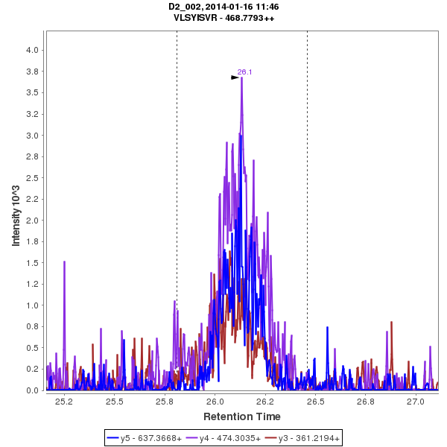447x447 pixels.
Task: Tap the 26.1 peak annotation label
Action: tap(244, 72)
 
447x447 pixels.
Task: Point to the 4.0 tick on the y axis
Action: tap(33, 50)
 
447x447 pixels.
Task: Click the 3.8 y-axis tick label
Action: tap(33, 72)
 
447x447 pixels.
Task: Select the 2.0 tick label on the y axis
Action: tap(33, 221)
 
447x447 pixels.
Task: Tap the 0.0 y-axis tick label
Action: tap(33, 390)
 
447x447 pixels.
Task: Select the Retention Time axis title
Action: tap(242, 416)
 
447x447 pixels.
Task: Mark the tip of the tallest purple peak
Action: tap(242, 77)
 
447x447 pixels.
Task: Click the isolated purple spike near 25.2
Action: tap(64, 261)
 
